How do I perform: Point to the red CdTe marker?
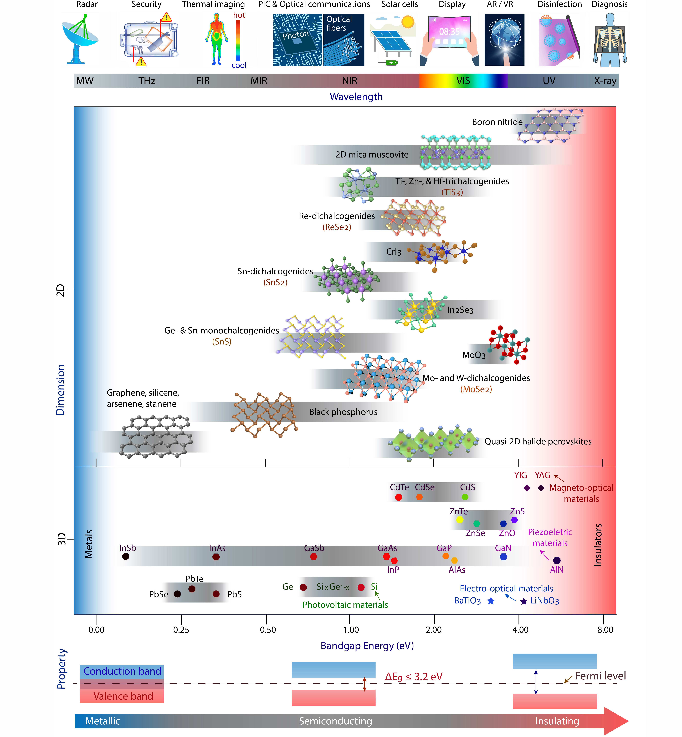(x=399, y=497)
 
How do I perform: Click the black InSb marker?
(x=125, y=557)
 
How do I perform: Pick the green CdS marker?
(x=465, y=497)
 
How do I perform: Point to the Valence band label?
(x=123, y=696)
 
